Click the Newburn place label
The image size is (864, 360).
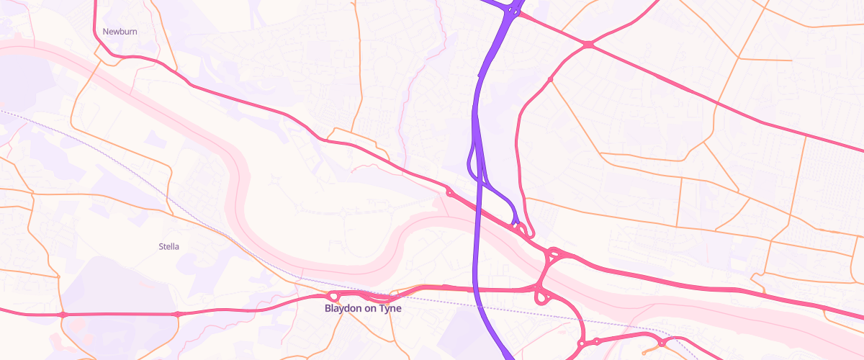[120, 32]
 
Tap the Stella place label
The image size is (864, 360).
[168, 246]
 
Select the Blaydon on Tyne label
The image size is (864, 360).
[363, 308]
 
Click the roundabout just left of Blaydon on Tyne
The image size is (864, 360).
[333, 296]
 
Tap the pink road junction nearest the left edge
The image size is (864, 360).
[63, 315]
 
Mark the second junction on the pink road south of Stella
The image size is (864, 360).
[177, 315]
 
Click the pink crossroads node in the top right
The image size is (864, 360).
[588, 45]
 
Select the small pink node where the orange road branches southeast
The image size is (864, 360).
[550, 78]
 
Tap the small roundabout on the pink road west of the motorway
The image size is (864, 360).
[450, 192]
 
